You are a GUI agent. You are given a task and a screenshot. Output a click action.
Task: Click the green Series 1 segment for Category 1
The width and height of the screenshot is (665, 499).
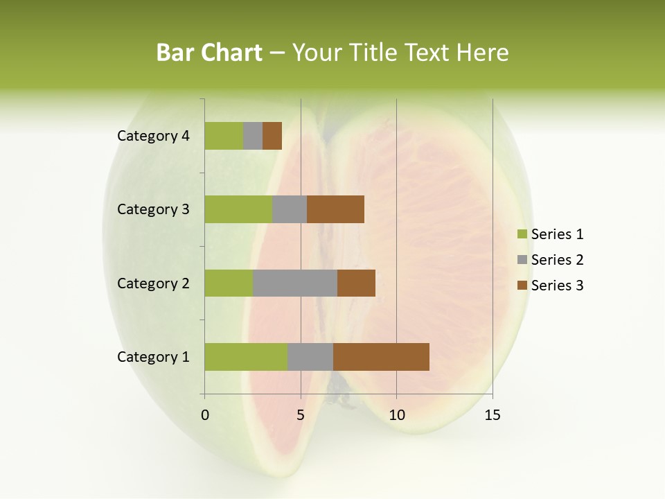[246, 357]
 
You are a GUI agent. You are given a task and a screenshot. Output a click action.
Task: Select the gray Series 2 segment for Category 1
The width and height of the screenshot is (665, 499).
[310, 357]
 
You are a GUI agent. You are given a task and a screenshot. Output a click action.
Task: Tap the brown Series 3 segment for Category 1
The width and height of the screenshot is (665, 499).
[381, 357]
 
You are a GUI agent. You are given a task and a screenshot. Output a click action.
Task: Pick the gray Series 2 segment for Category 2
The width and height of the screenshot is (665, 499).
[295, 283]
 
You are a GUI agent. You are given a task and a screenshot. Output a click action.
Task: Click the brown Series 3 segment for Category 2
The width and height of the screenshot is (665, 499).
[356, 283]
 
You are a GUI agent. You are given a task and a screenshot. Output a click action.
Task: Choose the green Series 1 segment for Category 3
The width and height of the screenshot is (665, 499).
[238, 209]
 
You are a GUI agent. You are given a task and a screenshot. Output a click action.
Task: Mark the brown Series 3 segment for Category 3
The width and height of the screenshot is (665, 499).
[335, 209]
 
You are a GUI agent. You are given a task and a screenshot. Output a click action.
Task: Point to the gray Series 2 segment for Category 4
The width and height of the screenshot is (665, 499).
[253, 136]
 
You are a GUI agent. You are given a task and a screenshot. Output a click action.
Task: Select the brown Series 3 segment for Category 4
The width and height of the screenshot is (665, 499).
[272, 136]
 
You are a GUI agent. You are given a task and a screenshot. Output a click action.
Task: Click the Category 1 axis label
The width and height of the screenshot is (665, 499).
[153, 357]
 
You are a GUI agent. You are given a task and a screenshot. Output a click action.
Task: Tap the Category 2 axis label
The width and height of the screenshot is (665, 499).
[153, 283]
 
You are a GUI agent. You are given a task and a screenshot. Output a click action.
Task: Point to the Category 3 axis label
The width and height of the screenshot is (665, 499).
[153, 209]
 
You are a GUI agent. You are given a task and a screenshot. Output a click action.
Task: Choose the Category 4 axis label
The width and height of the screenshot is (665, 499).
[153, 136]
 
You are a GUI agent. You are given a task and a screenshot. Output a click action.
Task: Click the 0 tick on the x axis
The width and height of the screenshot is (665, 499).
[205, 415]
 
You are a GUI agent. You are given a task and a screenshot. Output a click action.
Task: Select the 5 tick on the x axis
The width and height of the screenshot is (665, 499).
[301, 415]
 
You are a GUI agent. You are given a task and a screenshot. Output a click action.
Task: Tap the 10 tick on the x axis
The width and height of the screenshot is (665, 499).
[396, 415]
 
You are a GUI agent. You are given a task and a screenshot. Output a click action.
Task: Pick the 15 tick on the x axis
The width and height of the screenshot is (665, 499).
[492, 415]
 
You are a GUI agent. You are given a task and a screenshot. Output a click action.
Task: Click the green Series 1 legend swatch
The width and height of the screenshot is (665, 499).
[522, 234]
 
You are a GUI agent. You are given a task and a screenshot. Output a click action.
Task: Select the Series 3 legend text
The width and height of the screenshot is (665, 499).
[557, 286]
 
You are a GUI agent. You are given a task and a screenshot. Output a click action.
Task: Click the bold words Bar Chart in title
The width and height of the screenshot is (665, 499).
[209, 53]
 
